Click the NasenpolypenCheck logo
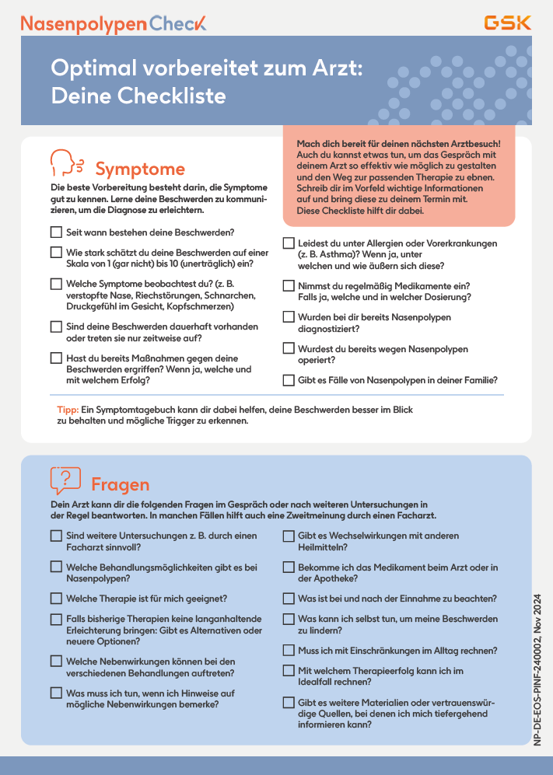click(x=114, y=23)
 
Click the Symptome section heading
click(x=140, y=169)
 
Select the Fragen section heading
click(x=120, y=484)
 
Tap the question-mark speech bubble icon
click(x=65, y=481)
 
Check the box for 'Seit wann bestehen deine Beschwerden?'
click(x=56, y=232)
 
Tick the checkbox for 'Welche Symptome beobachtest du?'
click(x=56, y=285)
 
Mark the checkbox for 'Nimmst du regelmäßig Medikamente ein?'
click(x=289, y=286)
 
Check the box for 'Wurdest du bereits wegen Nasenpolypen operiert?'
click(x=289, y=349)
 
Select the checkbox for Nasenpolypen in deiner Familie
click(x=289, y=380)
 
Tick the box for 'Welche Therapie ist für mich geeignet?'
click(x=56, y=599)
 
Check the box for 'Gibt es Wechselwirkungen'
click(x=289, y=536)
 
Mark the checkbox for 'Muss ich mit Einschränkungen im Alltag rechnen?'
click(x=289, y=650)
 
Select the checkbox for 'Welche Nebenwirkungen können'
click(x=56, y=661)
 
